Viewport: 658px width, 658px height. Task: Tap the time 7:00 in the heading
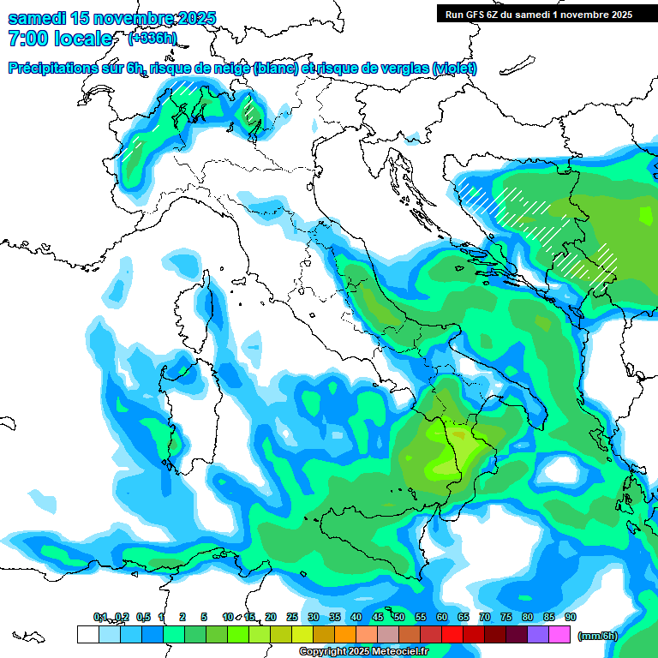tap(30, 39)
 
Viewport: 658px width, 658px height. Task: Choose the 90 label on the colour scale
tap(570, 617)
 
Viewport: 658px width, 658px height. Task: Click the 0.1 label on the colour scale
tap(100, 617)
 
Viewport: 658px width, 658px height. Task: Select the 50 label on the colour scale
tap(399, 617)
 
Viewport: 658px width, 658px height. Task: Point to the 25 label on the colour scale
tap(292, 617)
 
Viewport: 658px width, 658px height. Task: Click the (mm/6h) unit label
tap(597, 636)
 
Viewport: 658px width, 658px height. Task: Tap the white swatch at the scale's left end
tap(87, 634)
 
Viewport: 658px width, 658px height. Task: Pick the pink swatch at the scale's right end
tap(559, 634)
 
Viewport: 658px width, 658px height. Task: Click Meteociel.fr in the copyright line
tap(398, 652)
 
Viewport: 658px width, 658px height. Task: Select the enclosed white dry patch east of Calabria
tap(562, 470)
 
